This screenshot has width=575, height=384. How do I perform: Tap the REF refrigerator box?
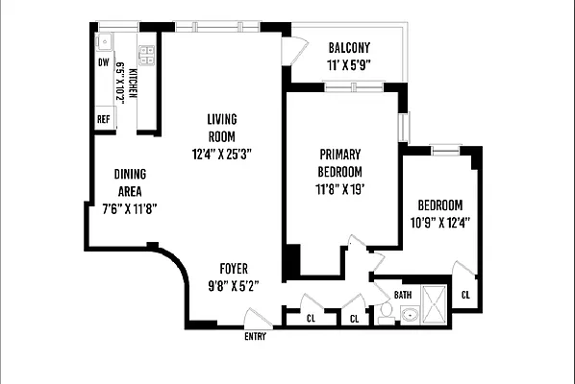(x=103, y=119)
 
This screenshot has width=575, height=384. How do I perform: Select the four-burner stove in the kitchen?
(x=148, y=54)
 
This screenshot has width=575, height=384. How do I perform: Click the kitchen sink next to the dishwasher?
(x=103, y=42)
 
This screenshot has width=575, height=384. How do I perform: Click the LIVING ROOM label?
(x=221, y=127)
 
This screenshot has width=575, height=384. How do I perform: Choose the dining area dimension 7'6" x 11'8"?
(x=129, y=205)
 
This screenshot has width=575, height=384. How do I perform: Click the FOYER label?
(x=235, y=268)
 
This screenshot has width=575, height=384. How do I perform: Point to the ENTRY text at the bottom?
(x=256, y=336)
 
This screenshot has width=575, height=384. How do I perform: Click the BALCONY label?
(x=349, y=49)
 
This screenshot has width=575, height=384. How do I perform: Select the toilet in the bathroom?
(x=384, y=311)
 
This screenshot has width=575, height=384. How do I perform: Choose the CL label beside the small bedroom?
(x=465, y=295)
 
